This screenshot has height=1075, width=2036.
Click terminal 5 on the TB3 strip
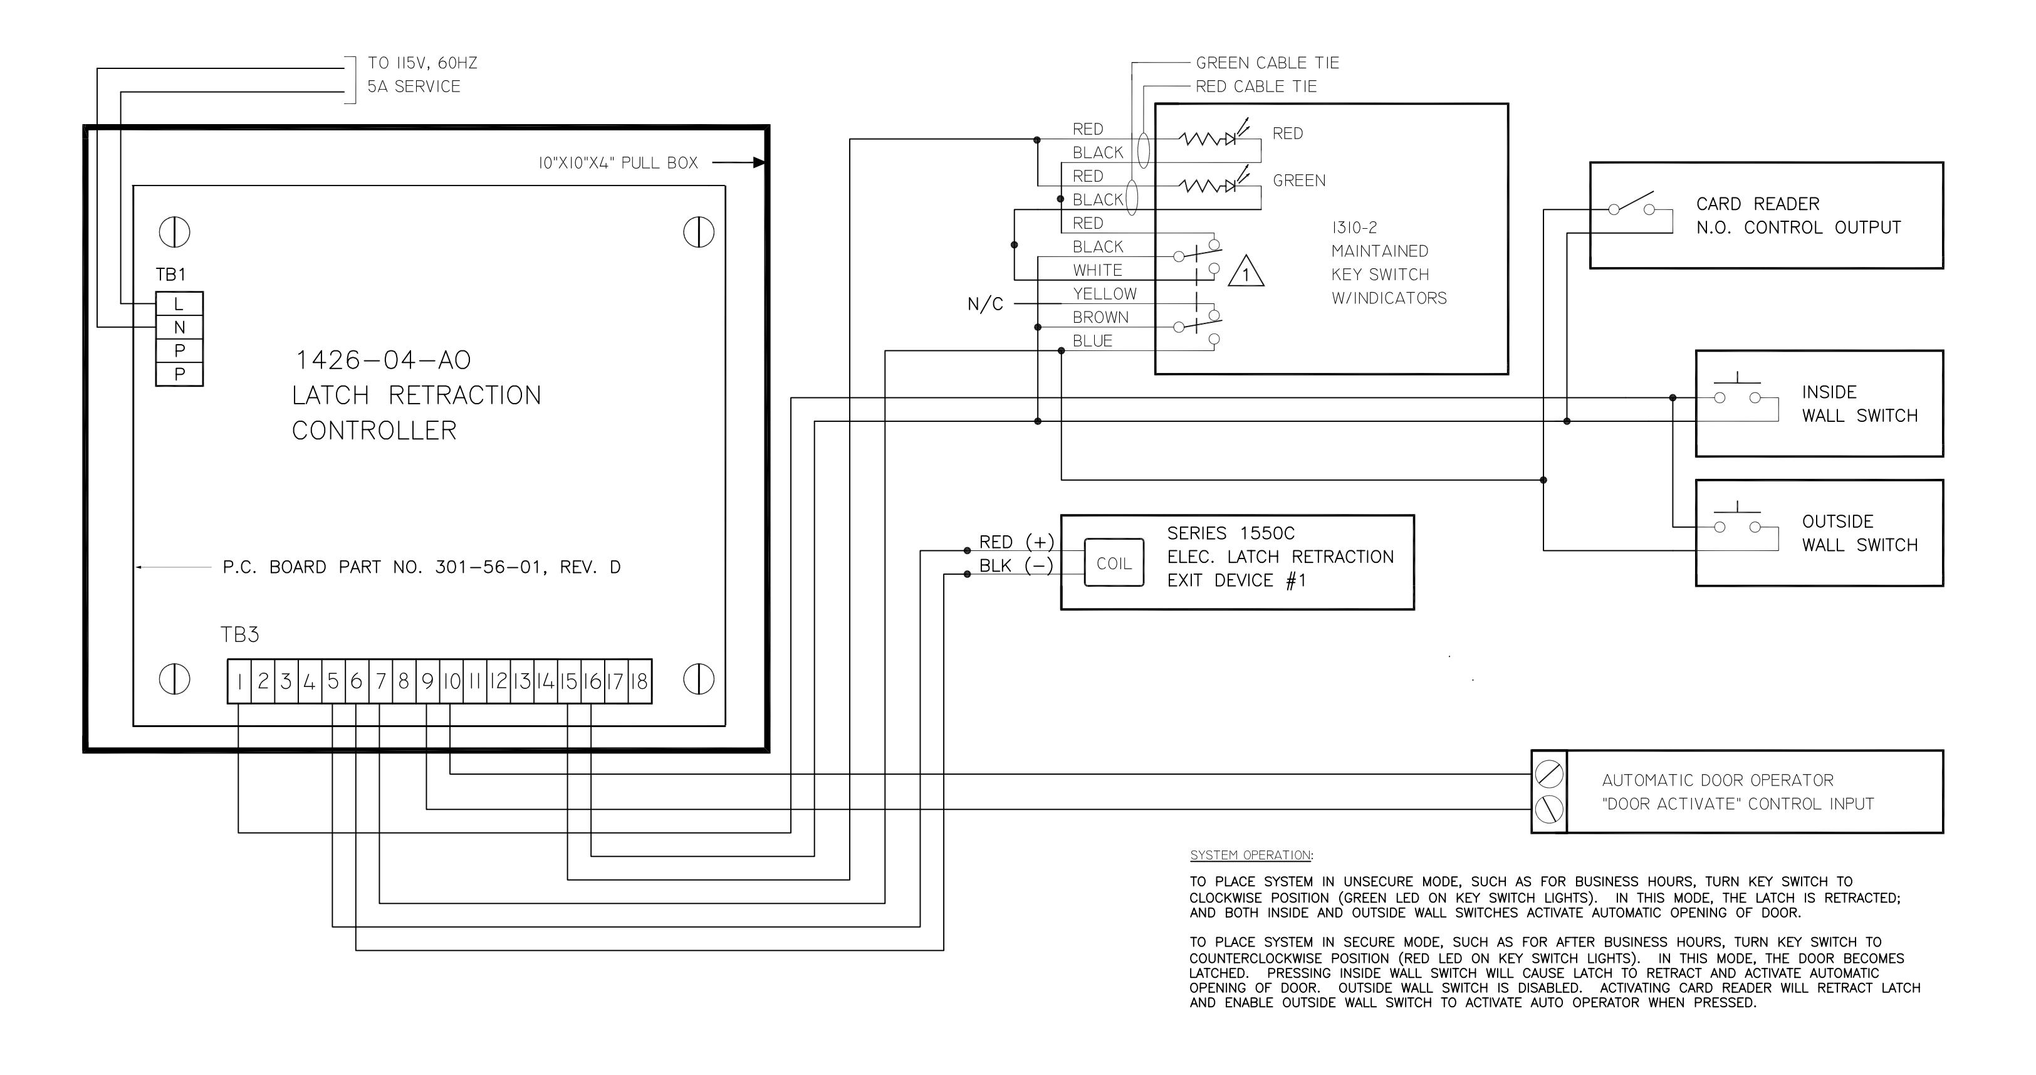tap(333, 681)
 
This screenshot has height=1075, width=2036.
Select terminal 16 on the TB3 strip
tap(593, 681)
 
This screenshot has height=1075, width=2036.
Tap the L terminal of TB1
tap(179, 303)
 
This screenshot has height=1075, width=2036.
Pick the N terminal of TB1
tap(179, 327)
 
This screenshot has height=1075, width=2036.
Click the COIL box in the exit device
tap(1114, 563)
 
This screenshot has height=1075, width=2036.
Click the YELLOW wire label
tap(1104, 294)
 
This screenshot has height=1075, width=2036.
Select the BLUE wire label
tap(1092, 342)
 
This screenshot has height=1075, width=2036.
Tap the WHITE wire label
tap(1097, 270)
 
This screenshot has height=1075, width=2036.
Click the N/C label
tap(985, 304)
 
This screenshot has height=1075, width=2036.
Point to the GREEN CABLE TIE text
tap(1267, 63)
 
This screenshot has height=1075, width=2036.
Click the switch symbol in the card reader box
tap(1631, 204)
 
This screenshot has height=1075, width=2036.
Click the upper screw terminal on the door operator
tap(1549, 774)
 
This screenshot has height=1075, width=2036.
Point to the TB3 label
tap(239, 635)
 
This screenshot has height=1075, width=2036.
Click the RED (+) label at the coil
tap(1016, 542)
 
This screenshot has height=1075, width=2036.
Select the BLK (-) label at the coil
tap(1016, 566)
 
